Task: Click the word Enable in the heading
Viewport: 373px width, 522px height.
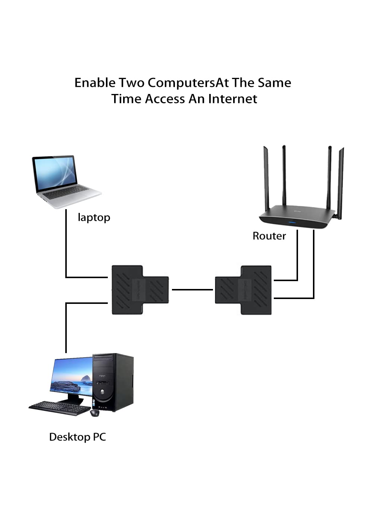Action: (x=95, y=83)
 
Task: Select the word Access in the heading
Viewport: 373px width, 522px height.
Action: (x=165, y=99)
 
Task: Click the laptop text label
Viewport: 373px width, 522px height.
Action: (x=94, y=218)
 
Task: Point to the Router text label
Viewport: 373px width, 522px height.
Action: (x=269, y=236)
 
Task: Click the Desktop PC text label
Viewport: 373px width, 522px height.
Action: (x=78, y=437)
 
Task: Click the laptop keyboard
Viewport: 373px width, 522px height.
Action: (x=66, y=192)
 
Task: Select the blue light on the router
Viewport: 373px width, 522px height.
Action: (x=292, y=223)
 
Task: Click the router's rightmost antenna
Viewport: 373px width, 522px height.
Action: (x=341, y=183)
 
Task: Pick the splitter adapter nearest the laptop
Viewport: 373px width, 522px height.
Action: (x=140, y=290)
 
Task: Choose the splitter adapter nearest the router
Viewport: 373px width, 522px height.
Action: (x=243, y=290)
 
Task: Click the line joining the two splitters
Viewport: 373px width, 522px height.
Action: (x=192, y=290)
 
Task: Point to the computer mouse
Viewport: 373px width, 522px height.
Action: (x=95, y=413)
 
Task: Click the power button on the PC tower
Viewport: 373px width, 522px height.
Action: (x=102, y=391)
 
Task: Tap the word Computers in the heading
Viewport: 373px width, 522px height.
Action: (x=181, y=83)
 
